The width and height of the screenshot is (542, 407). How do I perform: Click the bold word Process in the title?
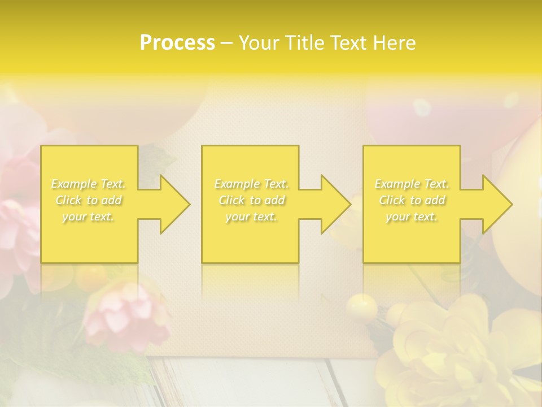click(177, 43)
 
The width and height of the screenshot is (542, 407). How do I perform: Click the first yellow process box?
click(89, 237)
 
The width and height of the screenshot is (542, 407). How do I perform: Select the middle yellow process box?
click(250, 237)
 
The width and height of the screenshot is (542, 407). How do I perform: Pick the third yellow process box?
click(411, 237)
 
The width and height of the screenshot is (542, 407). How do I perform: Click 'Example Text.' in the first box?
click(89, 184)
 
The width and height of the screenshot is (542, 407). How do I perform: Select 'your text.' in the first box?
click(89, 217)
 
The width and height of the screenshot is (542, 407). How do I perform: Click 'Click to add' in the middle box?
click(251, 200)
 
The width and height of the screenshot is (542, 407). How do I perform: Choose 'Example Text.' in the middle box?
click(251, 184)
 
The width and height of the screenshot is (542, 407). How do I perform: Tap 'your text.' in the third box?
click(412, 217)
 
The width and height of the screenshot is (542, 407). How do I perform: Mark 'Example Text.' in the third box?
click(412, 184)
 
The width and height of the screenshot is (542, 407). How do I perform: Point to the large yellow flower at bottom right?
click(446, 350)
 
